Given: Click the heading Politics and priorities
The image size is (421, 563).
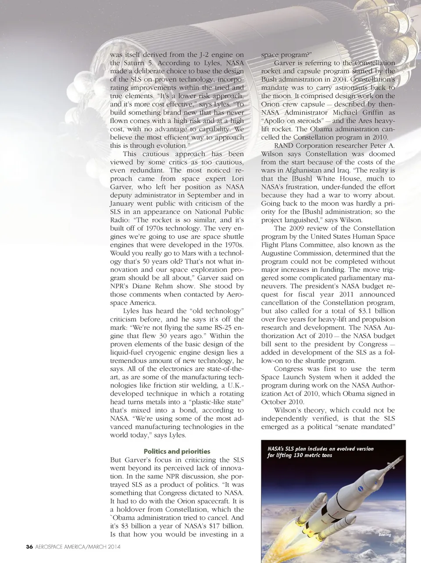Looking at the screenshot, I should (x=177, y=451).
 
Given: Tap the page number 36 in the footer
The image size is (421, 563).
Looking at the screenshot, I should (x=29, y=547).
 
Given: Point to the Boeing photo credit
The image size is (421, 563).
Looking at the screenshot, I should (x=385, y=534).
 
